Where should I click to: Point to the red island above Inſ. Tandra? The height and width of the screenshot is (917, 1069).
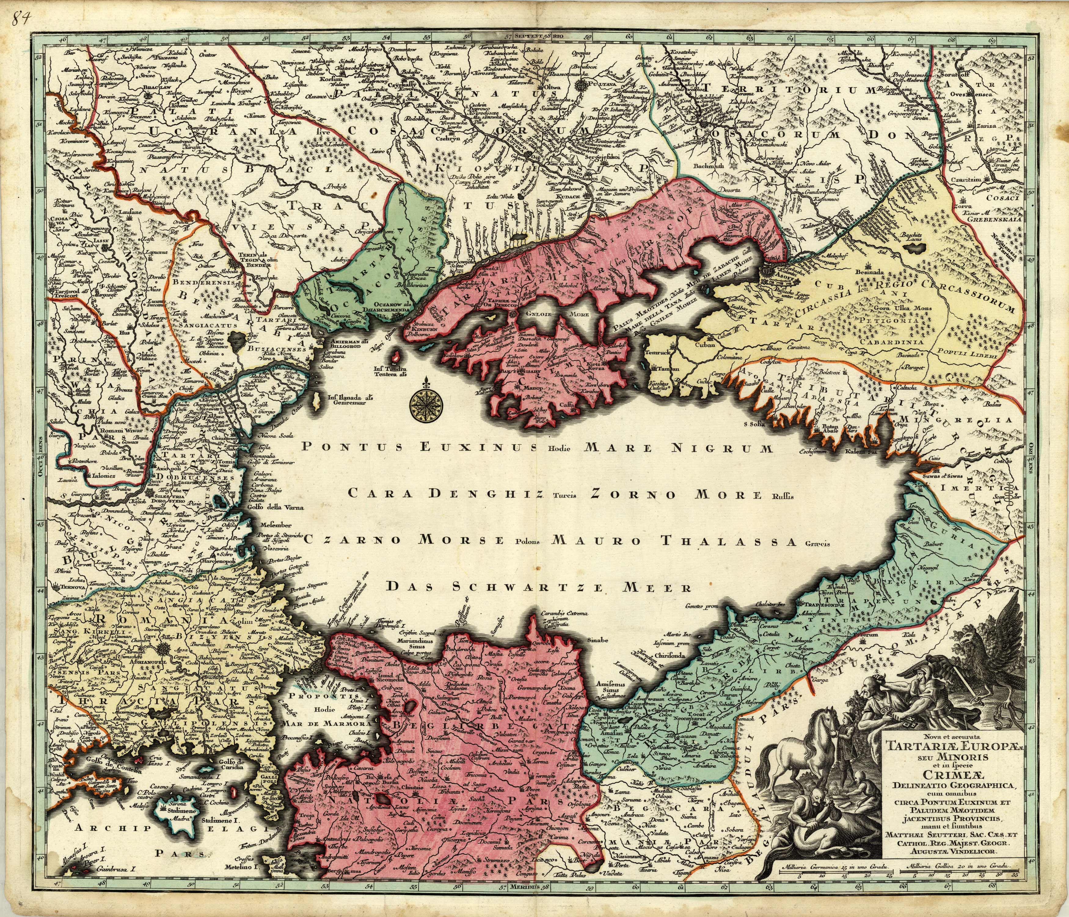(x=398, y=356)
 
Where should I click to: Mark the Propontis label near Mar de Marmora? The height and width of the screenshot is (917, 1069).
(x=313, y=695)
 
